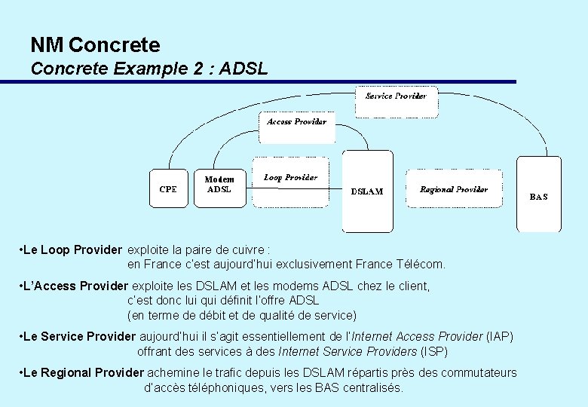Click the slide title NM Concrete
click(x=95, y=45)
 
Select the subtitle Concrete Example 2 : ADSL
click(x=149, y=69)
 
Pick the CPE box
click(x=168, y=189)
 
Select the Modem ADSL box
click(x=219, y=185)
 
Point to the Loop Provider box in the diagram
click(x=290, y=179)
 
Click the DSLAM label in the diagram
click(x=367, y=191)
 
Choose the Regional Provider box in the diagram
click(x=454, y=190)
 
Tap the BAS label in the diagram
click(x=538, y=197)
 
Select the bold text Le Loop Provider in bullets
click(x=72, y=249)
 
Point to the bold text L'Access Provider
click(x=75, y=286)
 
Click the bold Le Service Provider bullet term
click(x=79, y=336)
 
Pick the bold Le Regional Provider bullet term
click(x=83, y=373)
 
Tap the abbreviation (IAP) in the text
click(x=500, y=336)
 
